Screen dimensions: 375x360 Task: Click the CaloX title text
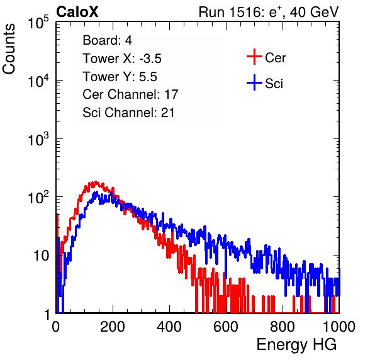(77, 11)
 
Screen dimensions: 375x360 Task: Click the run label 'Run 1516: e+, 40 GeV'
(269, 12)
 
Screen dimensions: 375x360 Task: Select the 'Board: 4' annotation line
(107, 40)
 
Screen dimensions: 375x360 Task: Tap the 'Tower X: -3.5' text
(122, 59)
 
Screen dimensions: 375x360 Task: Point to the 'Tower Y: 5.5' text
(120, 77)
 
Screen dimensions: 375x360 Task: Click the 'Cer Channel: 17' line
(130, 94)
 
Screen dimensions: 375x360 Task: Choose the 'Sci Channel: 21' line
(128, 113)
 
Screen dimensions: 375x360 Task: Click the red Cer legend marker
(254, 57)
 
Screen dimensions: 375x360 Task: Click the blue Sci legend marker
(254, 82)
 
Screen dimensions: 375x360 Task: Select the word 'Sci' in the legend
(274, 84)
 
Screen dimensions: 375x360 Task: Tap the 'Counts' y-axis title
(9, 49)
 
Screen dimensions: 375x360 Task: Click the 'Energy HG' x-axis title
(296, 344)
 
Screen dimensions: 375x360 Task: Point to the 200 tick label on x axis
(113, 327)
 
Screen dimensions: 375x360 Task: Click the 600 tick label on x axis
(226, 327)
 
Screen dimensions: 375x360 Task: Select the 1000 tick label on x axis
(339, 327)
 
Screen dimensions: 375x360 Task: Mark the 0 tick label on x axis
(56, 327)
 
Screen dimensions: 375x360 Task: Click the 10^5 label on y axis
(38, 22)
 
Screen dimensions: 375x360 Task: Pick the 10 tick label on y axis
(42, 256)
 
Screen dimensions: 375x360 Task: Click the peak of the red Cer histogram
(96, 181)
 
